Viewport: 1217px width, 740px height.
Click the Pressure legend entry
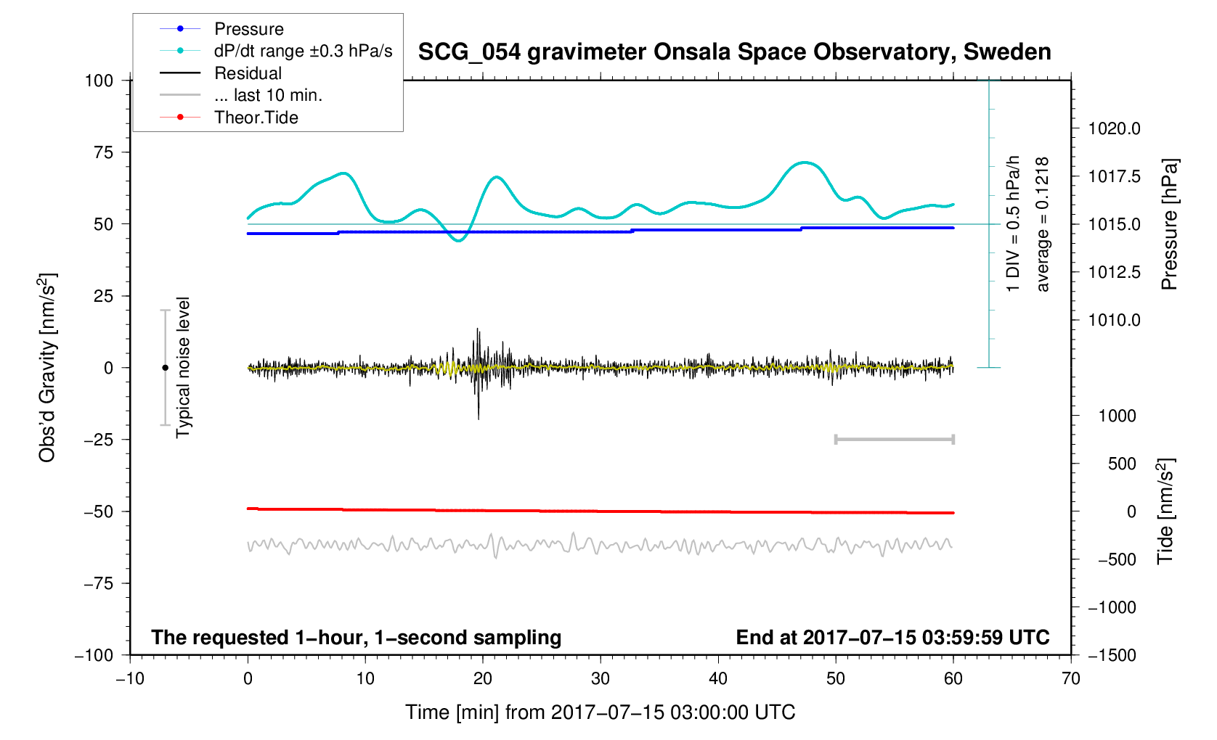coord(248,29)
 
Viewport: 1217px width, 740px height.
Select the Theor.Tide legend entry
coord(256,118)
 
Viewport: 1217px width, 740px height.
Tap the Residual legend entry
coord(248,73)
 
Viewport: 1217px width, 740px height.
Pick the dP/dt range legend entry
coord(303,51)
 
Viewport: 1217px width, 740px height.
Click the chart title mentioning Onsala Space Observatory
coord(734,52)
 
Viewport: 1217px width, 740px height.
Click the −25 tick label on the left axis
coord(99,440)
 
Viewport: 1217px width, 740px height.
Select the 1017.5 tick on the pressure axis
coord(1114,176)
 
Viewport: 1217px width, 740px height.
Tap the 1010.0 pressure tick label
coord(1114,320)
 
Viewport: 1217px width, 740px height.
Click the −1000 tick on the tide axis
coord(1112,607)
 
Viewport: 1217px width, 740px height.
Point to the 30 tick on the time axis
coord(601,678)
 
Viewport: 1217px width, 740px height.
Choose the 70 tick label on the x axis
coord(1070,678)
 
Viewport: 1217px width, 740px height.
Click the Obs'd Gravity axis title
coord(47,368)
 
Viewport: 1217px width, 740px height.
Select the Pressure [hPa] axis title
coord(1169,224)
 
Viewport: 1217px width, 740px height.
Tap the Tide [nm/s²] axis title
coord(1166,511)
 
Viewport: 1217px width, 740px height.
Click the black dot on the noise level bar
coord(165,368)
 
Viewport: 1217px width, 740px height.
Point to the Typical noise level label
coord(183,368)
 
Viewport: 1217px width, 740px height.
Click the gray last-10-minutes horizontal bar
coord(895,440)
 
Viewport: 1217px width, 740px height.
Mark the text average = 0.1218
coord(1043,224)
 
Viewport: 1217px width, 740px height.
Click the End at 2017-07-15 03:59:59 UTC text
coord(892,638)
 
